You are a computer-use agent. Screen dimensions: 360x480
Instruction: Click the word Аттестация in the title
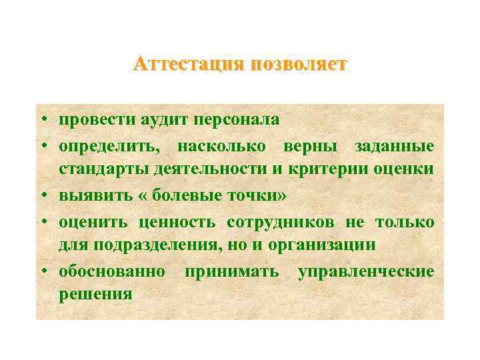click(x=189, y=64)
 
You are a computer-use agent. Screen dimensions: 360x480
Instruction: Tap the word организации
click(x=322, y=245)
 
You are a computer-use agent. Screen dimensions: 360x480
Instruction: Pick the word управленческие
click(x=366, y=270)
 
